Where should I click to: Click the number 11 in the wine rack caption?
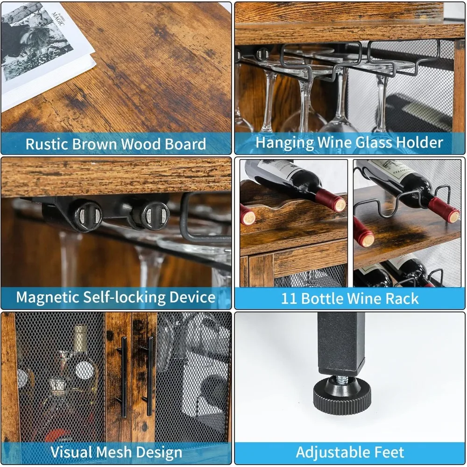point(289,298)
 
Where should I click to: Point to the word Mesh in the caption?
point(127,452)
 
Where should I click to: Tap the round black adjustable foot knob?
point(343,397)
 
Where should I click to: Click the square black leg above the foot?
point(341,343)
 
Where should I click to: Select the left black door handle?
point(124,376)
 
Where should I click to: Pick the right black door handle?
point(149,376)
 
